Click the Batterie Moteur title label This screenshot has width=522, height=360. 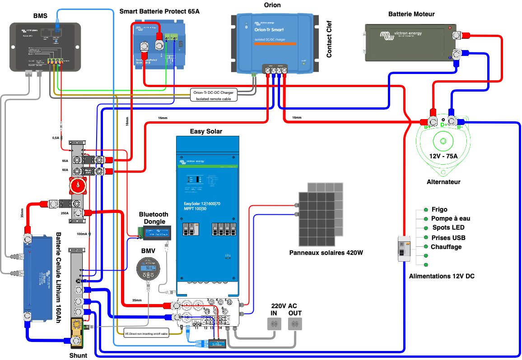pos(411,14)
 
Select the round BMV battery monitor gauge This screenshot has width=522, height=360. pos(148,269)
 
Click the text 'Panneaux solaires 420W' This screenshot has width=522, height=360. pos(326,253)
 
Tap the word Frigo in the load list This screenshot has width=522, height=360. pos(439,209)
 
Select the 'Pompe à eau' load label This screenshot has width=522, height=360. pos(451,218)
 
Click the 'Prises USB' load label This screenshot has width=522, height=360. pos(448,238)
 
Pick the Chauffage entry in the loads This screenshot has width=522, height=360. pos(446,247)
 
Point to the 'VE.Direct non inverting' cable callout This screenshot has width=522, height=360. pos(146,334)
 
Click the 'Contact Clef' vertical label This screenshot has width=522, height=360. pos(329,41)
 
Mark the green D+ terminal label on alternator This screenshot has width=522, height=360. pos(443,125)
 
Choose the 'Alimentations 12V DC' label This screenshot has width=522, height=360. pos(441,276)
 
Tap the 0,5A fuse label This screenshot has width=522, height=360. pos(56,138)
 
